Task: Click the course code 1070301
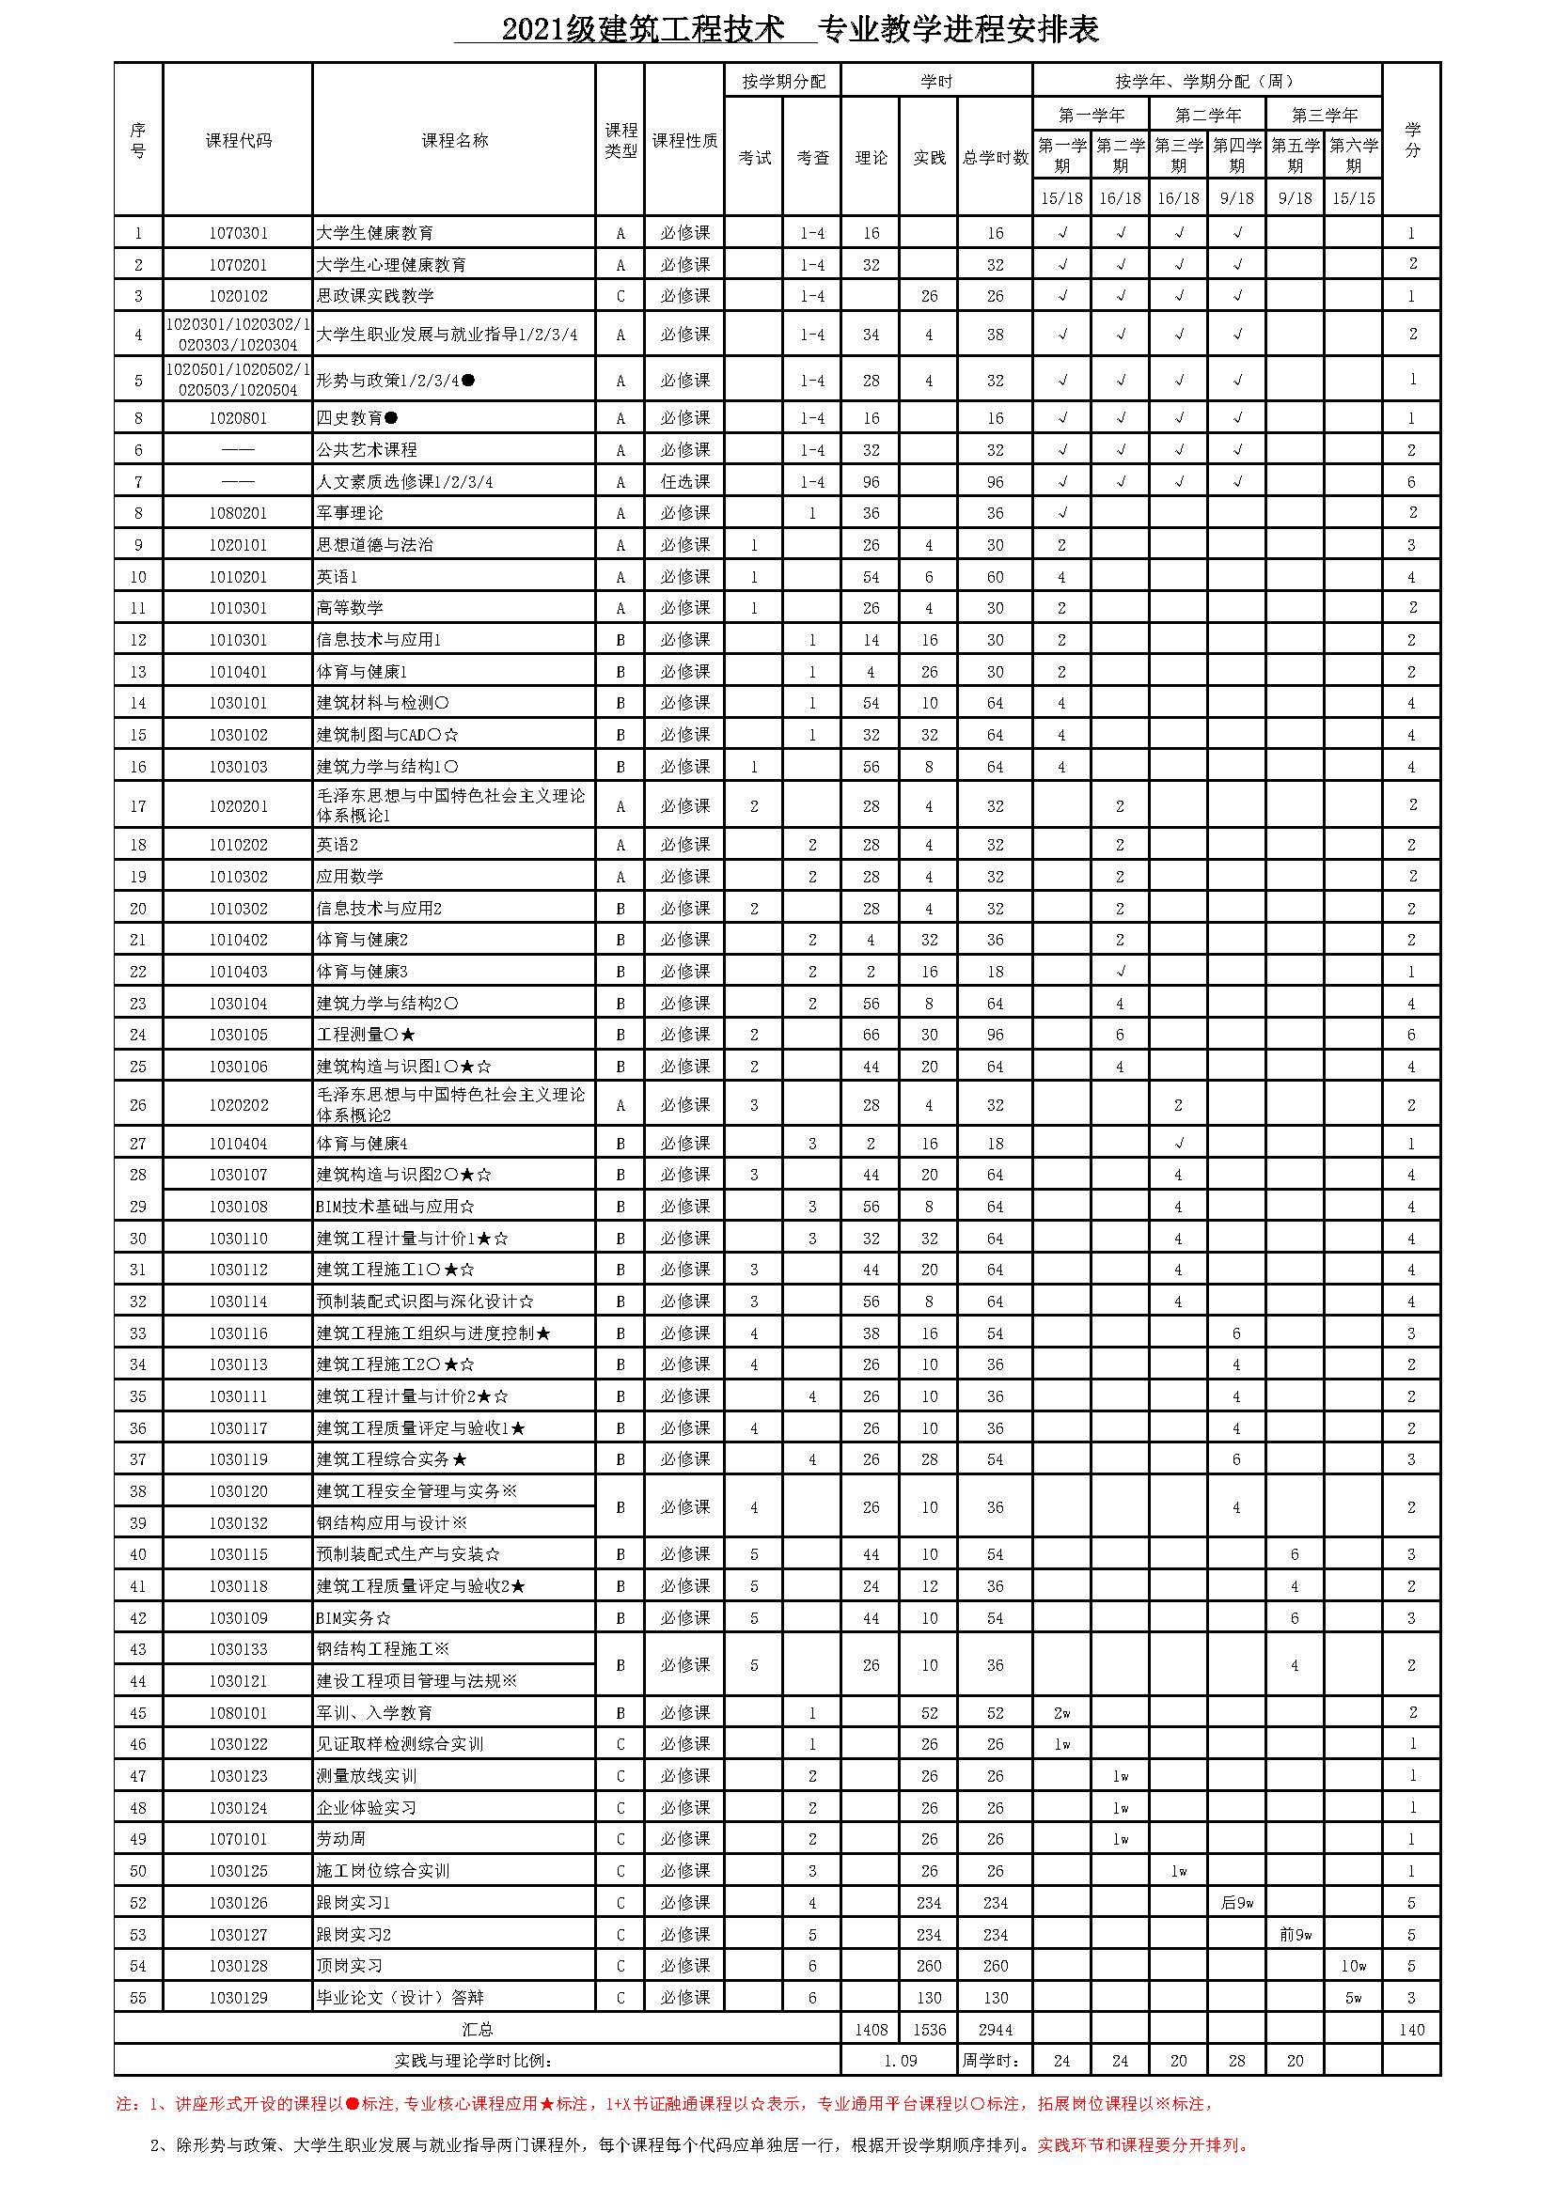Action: tap(238, 233)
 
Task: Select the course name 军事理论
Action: tap(350, 513)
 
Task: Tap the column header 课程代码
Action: tap(238, 141)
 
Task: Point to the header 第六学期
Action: tap(1353, 155)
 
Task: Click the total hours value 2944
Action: tap(995, 2030)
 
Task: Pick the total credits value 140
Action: tap(1411, 2030)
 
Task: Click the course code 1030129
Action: tap(238, 1998)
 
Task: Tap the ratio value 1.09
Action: tap(899, 2061)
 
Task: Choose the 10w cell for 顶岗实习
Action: tap(1353, 1966)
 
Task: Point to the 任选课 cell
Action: tap(684, 481)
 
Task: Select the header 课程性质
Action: tap(684, 141)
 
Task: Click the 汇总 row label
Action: tap(477, 2030)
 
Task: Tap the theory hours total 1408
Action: tap(871, 2030)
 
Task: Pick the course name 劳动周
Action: tap(341, 1839)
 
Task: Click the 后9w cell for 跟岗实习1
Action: tap(1236, 1903)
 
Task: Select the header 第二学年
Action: tap(1207, 115)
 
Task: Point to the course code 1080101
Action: tap(238, 1713)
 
